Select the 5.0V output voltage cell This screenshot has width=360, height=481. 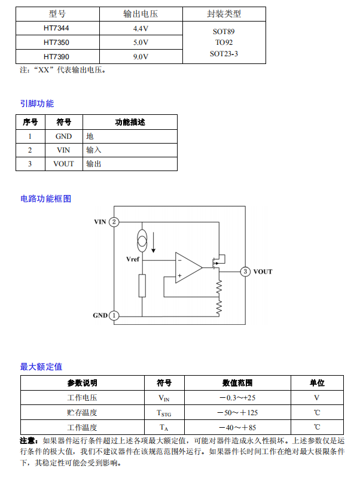coord(141,42)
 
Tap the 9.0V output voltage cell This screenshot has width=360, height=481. coord(141,57)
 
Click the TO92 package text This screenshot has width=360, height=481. coord(224,42)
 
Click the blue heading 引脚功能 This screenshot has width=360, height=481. coord(37,103)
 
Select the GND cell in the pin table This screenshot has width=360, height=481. coord(63,136)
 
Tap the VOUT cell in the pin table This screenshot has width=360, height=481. coord(63,164)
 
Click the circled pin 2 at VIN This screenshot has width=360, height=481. coord(114,222)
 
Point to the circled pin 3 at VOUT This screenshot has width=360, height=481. coord(245,272)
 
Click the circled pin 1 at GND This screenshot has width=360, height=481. coord(114,315)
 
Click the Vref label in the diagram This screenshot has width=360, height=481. coord(133,260)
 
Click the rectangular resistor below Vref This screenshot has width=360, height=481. coord(142,285)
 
